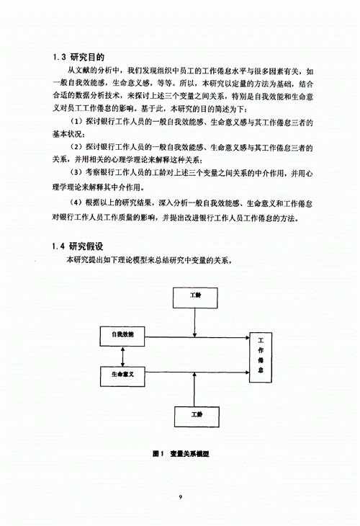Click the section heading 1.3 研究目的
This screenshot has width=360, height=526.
point(80,57)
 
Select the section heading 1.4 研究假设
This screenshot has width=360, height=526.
point(80,247)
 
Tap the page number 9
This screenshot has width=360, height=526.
point(180,496)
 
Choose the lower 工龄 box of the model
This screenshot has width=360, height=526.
point(196,415)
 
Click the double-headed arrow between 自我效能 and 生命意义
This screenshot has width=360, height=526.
point(124,356)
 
